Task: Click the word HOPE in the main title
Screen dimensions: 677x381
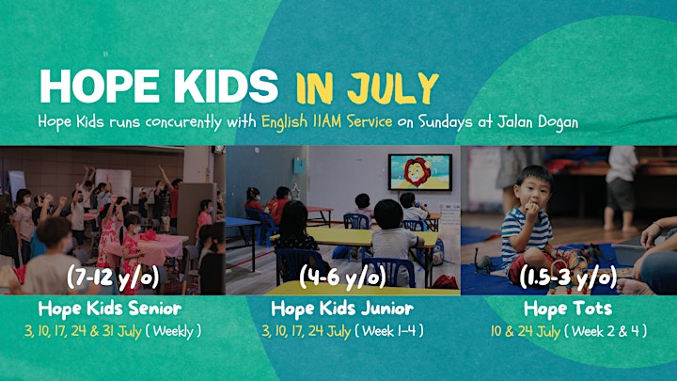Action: (x=100, y=86)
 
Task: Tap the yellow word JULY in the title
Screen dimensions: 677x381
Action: (x=393, y=87)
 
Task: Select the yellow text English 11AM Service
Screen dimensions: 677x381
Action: (x=327, y=121)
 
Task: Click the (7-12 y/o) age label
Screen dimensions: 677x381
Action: (x=113, y=278)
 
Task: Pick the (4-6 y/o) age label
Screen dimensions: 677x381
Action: (x=342, y=277)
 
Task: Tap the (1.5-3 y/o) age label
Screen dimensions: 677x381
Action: (x=568, y=278)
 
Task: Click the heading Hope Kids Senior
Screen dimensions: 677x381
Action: (x=110, y=309)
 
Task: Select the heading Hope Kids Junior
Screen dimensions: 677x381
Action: (x=342, y=309)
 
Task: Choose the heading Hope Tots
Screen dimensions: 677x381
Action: (x=568, y=309)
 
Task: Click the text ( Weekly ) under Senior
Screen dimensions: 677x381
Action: (x=173, y=331)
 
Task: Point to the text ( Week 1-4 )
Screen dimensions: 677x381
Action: (x=389, y=331)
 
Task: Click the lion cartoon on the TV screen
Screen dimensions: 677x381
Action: (x=417, y=172)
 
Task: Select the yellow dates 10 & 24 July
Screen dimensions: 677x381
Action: (x=526, y=331)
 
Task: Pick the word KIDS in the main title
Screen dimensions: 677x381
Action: (x=227, y=86)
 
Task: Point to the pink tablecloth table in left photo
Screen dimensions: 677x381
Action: (x=147, y=247)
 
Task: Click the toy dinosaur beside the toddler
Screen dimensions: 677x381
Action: (x=483, y=261)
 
